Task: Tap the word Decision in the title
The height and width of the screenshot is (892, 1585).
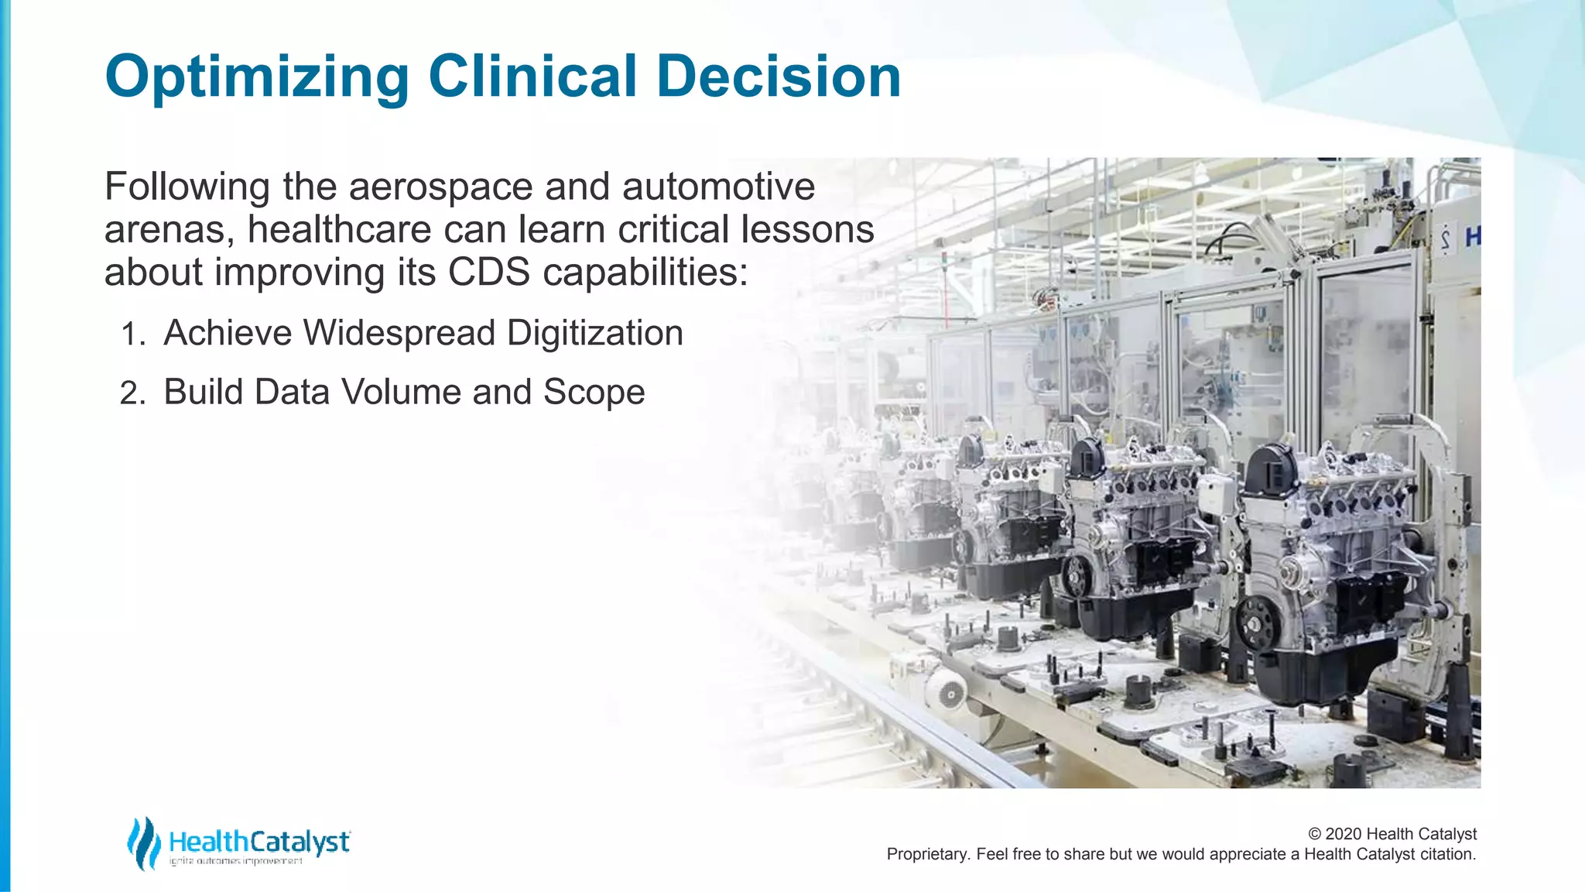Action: pos(779,77)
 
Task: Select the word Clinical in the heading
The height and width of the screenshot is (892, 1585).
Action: pos(532,77)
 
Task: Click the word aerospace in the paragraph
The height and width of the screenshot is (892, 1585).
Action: pos(440,187)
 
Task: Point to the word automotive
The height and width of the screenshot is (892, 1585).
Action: pos(718,187)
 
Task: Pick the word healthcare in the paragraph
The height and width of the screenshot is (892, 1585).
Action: pos(340,230)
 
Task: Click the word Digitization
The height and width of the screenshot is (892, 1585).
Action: pos(594,334)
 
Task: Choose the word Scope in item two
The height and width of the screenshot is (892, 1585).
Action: pos(594,393)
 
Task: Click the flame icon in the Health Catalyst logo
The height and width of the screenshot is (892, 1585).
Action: pos(144,842)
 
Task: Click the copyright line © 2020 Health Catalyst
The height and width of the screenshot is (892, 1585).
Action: pos(1392,834)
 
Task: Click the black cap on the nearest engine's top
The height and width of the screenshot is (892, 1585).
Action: pos(1271,469)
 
